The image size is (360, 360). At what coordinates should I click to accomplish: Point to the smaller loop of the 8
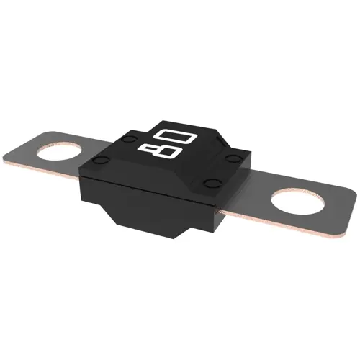(x=147, y=150)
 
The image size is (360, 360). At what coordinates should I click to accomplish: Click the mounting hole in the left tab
(x=59, y=152)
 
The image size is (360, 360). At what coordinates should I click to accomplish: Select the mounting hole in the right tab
(x=298, y=201)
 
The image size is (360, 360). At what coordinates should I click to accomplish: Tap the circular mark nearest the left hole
(x=101, y=159)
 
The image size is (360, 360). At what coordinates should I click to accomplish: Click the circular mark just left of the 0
(x=129, y=139)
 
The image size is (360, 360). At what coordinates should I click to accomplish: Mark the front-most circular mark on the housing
(x=212, y=184)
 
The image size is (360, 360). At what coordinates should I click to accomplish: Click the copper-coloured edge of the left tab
(x=41, y=170)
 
